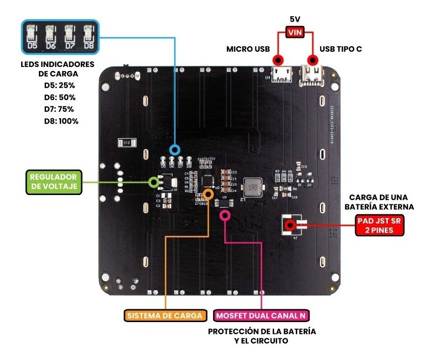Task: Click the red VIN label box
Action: tap(295, 33)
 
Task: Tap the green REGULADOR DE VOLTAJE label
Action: tap(53, 182)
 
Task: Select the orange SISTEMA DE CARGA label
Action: tap(164, 315)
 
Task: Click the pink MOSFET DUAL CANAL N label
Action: tap(263, 315)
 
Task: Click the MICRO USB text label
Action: tap(248, 49)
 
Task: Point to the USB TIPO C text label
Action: tap(341, 49)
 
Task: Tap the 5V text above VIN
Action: tap(295, 20)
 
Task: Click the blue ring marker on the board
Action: tap(175, 150)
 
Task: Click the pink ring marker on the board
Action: tap(225, 215)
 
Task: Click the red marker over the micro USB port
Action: tap(278, 60)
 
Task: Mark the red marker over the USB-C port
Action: tap(312, 60)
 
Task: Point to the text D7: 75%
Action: tap(58, 109)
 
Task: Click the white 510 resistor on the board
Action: tap(126, 143)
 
